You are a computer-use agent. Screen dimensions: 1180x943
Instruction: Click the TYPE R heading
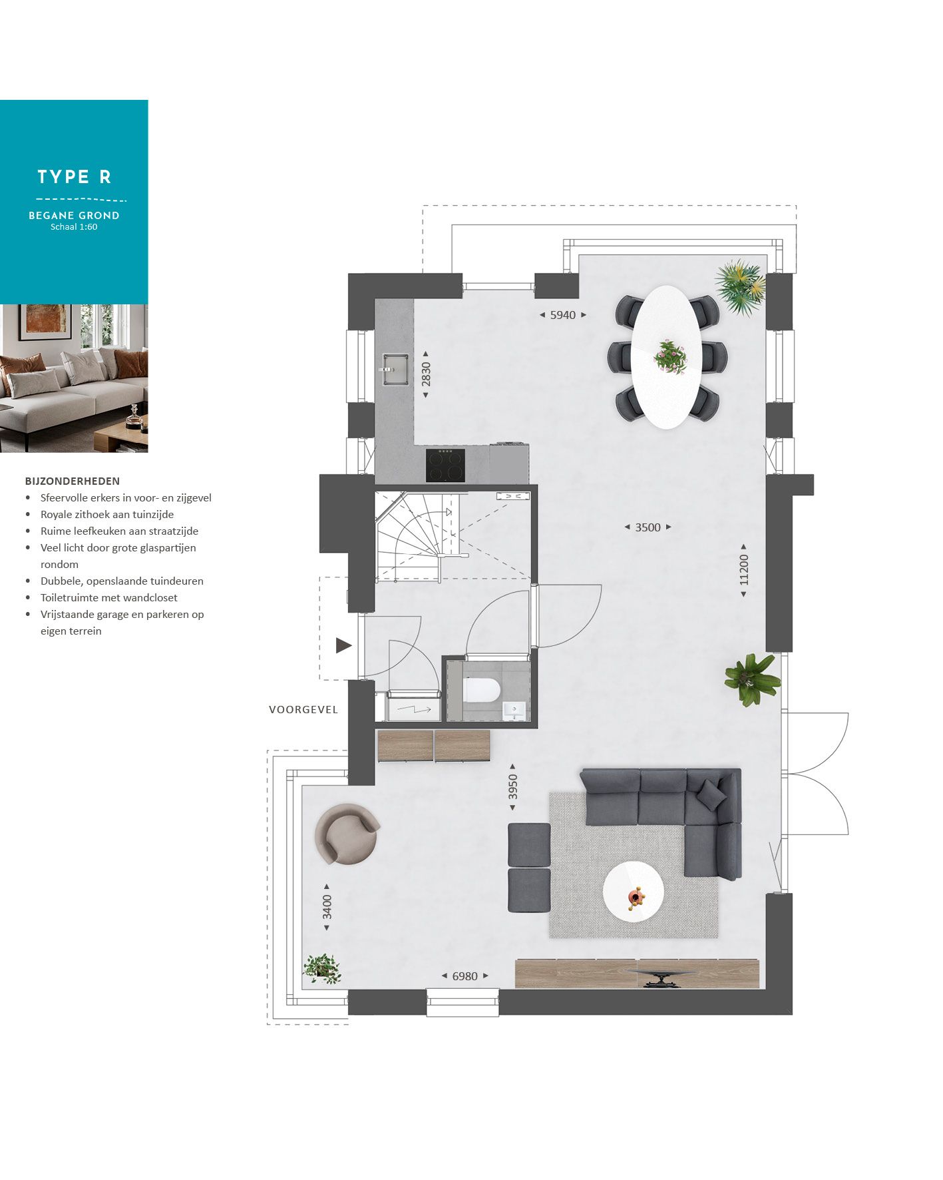click(74, 177)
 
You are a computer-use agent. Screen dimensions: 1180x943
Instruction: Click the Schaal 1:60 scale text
click(74, 227)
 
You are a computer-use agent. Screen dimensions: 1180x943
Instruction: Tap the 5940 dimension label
click(562, 315)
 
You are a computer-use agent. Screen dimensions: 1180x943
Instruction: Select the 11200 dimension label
click(743, 569)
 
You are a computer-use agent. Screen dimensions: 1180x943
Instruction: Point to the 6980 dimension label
click(465, 976)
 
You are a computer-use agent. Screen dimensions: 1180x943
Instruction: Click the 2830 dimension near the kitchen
click(426, 374)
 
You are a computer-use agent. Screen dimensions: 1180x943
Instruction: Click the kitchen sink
click(395, 369)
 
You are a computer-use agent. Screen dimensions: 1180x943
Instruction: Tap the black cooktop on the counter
click(445, 465)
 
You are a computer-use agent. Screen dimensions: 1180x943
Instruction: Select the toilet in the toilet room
click(482, 690)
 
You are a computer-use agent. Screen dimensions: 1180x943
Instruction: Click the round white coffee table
click(633, 892)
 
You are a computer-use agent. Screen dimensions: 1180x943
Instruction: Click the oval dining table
click(666, 357)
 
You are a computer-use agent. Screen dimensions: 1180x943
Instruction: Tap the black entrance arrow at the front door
click(343, 645)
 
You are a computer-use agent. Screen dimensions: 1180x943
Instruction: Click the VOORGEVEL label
click(303, 710)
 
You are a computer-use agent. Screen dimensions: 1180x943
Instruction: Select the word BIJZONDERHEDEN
click(73, 481)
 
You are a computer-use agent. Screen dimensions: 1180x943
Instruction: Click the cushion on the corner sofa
click(710, 793)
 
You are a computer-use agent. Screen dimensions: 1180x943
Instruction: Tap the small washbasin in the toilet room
click(514, 710)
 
